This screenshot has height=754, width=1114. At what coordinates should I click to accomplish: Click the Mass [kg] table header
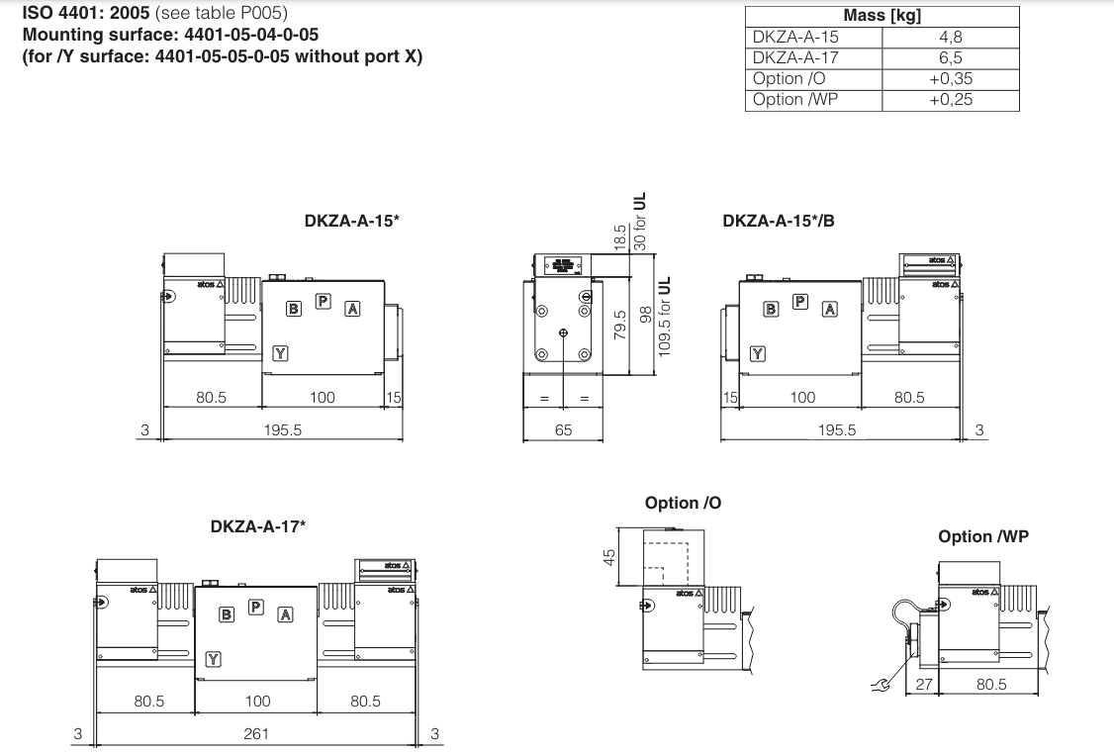882,16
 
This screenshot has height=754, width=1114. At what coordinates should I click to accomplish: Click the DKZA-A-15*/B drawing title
778,221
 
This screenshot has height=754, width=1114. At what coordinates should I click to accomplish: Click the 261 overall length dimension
256,733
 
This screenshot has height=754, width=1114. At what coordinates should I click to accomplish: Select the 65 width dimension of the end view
562,430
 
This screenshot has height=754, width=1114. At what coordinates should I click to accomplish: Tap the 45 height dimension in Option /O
609,557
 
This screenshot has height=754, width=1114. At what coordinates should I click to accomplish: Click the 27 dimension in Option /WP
923,684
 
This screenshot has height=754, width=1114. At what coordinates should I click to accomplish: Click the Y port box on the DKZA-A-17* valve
213,660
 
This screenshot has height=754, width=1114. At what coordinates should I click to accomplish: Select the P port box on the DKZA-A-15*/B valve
800,301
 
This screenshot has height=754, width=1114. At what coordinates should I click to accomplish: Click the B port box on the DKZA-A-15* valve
293,309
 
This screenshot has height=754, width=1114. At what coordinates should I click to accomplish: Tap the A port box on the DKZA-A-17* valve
285,614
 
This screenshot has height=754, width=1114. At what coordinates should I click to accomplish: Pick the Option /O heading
683,503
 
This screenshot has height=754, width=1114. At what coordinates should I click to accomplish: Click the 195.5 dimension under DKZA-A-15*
283,430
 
